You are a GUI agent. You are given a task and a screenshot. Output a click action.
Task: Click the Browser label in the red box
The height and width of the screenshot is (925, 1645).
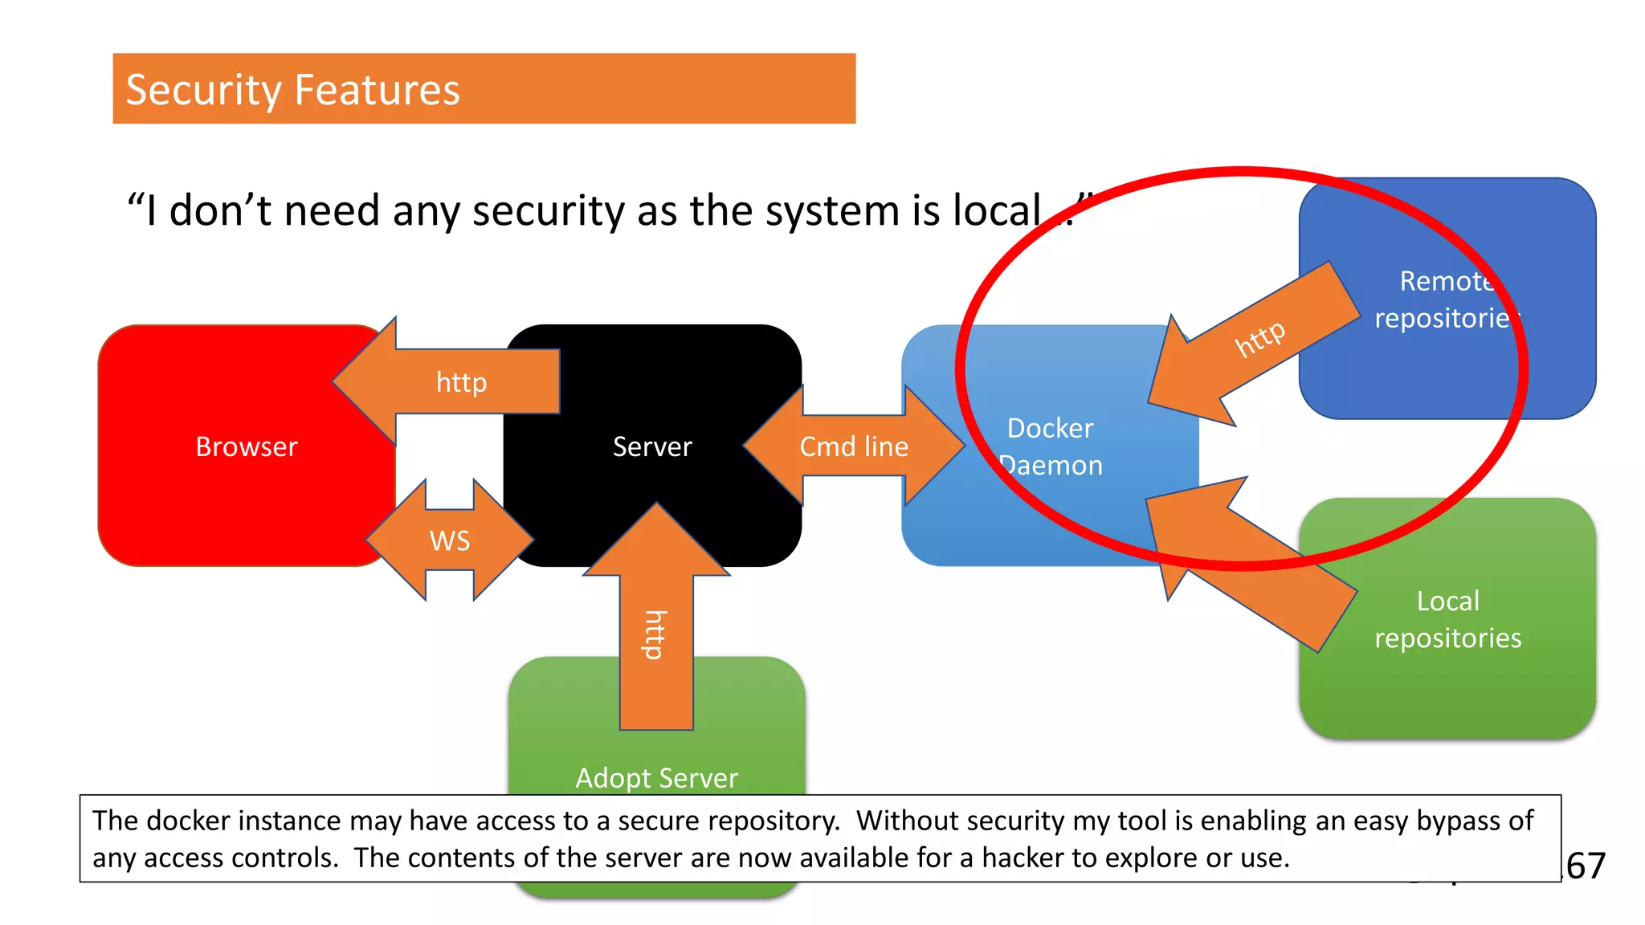click(246, 446)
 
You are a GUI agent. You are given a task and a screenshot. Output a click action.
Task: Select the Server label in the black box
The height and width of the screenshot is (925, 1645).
click(652, 446)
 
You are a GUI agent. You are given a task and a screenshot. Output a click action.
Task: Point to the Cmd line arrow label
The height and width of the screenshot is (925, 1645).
click(854, 446)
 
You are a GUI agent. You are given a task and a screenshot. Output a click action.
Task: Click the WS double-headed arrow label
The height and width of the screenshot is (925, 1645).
click(450, 540)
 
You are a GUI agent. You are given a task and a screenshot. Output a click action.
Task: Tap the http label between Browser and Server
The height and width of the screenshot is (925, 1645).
click(461, 382)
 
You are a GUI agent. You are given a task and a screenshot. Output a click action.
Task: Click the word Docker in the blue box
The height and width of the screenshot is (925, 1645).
click(1050, 428)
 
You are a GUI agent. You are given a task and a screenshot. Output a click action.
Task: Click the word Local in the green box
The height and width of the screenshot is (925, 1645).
click(1447, 601)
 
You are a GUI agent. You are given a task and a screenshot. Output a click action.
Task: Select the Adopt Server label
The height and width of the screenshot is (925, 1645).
click(656, 777)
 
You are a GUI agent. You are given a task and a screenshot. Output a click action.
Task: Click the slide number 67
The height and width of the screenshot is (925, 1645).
click(1586, 866)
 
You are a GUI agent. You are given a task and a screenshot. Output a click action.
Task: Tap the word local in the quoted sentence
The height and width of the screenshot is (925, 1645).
click(997, 210)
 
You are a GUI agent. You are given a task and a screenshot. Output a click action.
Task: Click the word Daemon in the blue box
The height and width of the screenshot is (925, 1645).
click(1051, 466)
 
